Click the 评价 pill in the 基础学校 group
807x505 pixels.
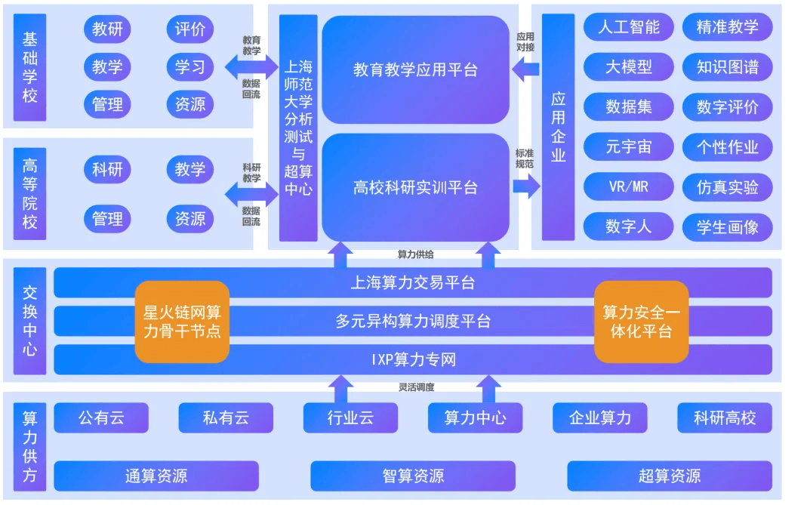click(x=190, y=29)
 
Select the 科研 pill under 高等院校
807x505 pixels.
click(x=107, y=169)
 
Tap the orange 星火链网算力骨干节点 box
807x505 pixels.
click(x=182, y=322)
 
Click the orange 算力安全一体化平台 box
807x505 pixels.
click(x=641, y=322)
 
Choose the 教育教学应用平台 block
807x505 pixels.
click(x=415, y=69)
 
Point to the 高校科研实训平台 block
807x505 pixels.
click(x=415, y=187)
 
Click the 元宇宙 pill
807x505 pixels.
click(x=628, y=146)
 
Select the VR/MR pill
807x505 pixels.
click(x=628, y=186)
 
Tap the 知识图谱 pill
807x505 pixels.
click(x=727, y=67)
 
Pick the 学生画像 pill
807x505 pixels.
click(x=727, y=227)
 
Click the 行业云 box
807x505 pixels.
click(x=350, y=417)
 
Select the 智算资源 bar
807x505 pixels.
click(x=413, y=476)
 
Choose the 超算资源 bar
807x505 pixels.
click(x=670, y=476)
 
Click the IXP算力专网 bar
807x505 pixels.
click(x=413, y=359)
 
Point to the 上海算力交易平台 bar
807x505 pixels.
click(x=413, y=282)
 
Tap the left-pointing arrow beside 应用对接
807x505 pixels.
click(x=525, y=69)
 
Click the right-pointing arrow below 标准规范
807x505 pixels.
click(x=526, y=186)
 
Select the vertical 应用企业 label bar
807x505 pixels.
click(x=559, y=127)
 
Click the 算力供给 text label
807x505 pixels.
click(x=415, y=254)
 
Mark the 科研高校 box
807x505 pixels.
click(x=725, y=417)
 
